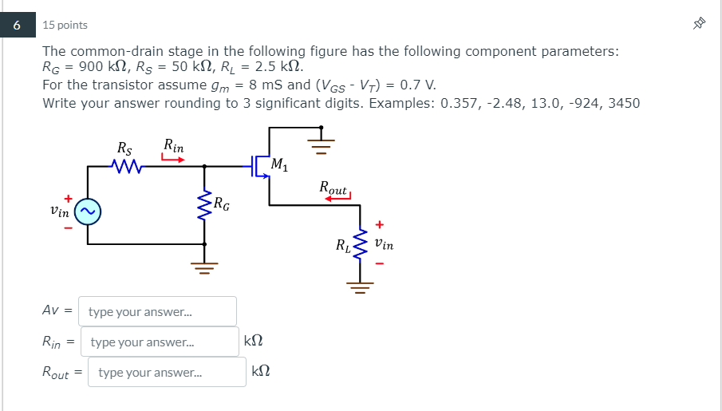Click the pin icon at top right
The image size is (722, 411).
pos(700,25)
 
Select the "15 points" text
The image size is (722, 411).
pos(66,26)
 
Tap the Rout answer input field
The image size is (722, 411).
pos(167,373)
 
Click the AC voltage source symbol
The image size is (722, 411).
pos(87,211)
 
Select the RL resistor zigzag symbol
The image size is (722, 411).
pos(360,247)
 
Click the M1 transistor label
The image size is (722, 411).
pos(279,165)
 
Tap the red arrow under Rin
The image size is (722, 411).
pos(173,159)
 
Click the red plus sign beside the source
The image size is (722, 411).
pos(69,197)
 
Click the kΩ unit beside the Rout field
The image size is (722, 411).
pos(261,372)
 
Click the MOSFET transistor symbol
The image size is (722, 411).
pos(259,166)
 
